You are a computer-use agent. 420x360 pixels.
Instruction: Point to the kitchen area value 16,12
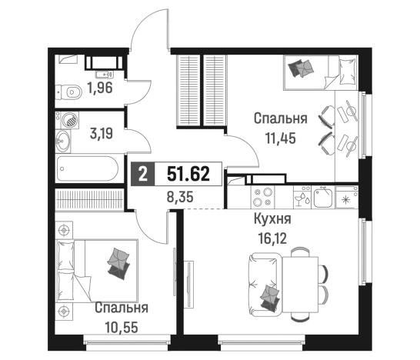(272, 235)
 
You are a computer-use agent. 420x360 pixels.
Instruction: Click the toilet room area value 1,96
(100, 87)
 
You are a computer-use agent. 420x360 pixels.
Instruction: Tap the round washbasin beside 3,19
(68, 121)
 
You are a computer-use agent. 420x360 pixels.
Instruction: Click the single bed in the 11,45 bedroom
(318, 72)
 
